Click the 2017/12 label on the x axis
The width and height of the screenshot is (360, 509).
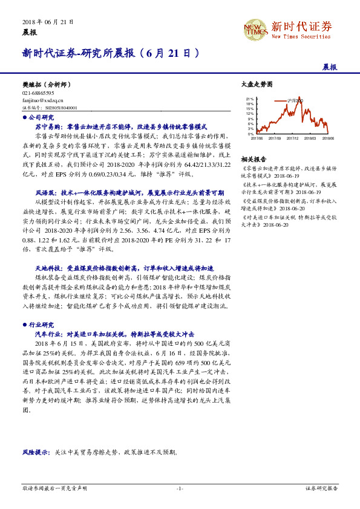(x=293, y=138)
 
